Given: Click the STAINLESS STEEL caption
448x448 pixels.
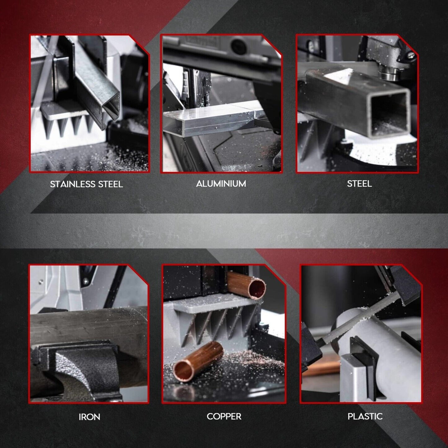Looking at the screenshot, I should tap(86, 184).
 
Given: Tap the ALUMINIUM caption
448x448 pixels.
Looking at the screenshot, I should tap(221, 184).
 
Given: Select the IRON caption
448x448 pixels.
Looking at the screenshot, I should tap(89, 417).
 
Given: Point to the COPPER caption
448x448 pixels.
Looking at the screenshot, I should tap(224, 416).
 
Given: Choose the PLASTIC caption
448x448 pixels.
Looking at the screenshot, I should tap(365, 416).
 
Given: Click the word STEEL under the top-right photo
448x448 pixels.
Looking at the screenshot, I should tap(359, 184).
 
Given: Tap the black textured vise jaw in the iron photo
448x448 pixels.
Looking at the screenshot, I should tap(87, 369).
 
